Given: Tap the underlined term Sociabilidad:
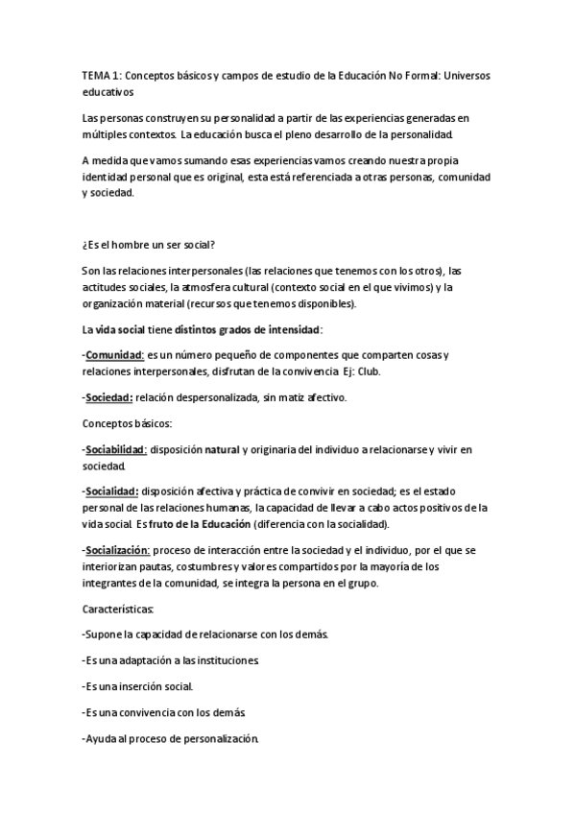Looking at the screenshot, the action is coord(116,448).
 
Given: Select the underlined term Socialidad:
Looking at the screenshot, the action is coord(112,491).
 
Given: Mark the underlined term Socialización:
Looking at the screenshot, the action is coord(117,550).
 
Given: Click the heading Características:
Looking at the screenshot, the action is coord(126,609).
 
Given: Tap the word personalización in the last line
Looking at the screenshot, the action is coord(217,740).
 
